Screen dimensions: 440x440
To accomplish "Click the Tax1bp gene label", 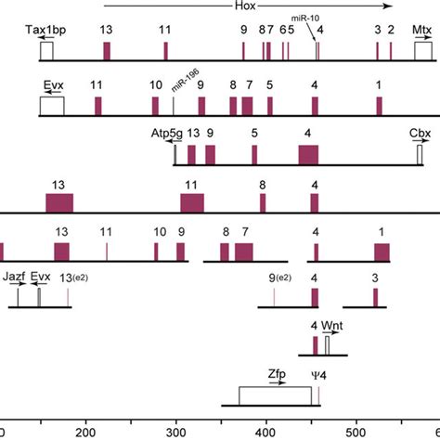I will (45, 30).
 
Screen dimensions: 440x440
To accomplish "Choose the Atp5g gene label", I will (168, 133).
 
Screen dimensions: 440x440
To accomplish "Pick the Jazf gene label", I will (15, 277).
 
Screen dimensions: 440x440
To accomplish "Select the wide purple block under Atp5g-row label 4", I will (308, 155).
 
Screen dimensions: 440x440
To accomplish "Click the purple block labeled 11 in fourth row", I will (192, 202).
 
